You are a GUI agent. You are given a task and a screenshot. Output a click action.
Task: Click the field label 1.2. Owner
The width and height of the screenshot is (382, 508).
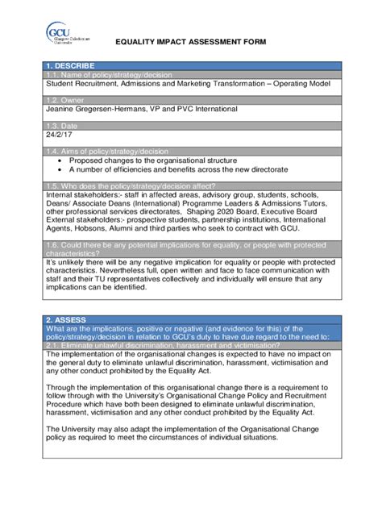(x=64, y=99)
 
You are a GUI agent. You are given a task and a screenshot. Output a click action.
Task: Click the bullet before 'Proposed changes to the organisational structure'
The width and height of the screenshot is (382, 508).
(x=60, y=160)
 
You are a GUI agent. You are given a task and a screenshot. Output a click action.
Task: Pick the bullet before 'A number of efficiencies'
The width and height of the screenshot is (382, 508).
(x=60, y=169)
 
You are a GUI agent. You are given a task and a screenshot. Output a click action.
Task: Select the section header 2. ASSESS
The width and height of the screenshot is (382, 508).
(x=68, y=319)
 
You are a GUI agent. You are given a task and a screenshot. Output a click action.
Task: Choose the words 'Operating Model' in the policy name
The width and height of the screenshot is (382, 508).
(x=302, y=82)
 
